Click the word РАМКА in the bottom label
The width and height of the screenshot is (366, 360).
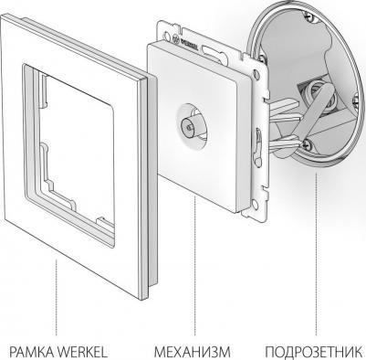coord(31,352)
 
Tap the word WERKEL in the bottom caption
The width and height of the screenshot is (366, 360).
coord(82,352)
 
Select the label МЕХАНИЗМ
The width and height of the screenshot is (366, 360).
coord(193,352)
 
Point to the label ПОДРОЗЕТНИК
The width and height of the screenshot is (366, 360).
coord(314,352)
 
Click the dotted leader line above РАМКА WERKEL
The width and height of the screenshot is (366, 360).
coord(57,297)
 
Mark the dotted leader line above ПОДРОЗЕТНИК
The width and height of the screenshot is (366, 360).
coord(316,254)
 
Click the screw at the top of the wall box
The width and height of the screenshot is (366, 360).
coord(309,18)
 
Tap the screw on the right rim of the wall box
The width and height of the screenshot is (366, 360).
coord(357,100)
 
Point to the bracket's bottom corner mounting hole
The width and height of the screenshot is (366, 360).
coord(255,205)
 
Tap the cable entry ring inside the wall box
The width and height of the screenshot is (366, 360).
coord(317,95)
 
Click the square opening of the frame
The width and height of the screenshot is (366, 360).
coord(69,153)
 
